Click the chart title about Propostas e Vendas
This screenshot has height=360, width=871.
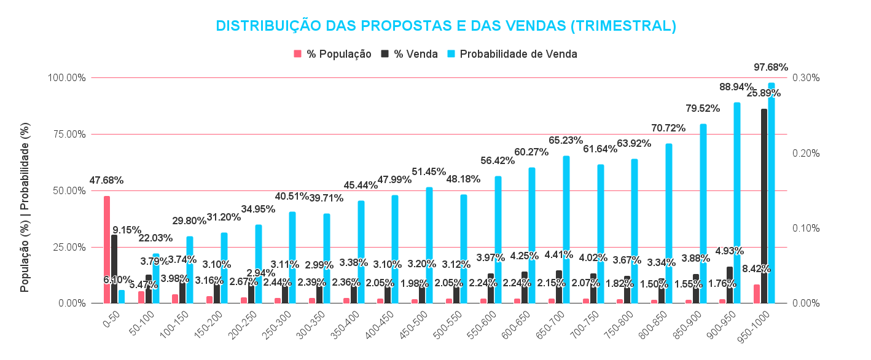pos(446,26)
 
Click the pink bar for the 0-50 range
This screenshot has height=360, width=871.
pos(107,249)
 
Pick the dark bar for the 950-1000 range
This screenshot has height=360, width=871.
pos(764,206)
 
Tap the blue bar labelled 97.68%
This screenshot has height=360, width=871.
pos(771,193)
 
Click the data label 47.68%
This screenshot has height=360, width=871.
pos(106,181)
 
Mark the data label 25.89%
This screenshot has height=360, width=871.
pos(764,93)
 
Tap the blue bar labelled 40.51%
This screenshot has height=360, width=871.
pos(292,257)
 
